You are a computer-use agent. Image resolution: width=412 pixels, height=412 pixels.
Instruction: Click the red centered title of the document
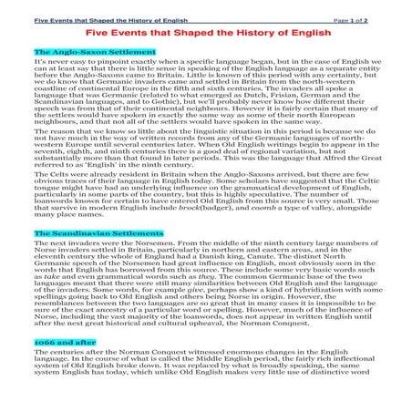(206, 32)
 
